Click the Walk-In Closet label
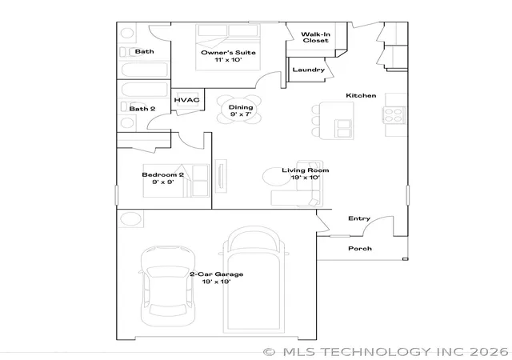[x=315, y=38]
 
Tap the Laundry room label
[x=309, y=70]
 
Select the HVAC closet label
[x=186, y=100]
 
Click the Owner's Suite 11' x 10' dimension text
[x=228, y=60]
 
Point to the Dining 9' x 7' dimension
[x=241, y=114]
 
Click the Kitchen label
[x=361, y=95]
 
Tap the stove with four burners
[x=394, y=115]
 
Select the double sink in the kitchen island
[x=343, y=128]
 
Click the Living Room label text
[x=306, y=170]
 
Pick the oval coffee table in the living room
[x=277, y=177]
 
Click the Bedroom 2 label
[x=163, y=174]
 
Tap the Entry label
[x=359, y=218]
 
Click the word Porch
[x=360, y=249]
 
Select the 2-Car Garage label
[x=217, y=274]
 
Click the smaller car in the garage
[x=168, y=286]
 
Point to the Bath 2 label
[x=142, y=109]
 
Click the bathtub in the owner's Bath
[x=145, y=70]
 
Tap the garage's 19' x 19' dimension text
[x=217, y=282]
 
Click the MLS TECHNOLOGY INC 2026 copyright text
[x=386, y=352]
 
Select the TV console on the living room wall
[x=221, y=176]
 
